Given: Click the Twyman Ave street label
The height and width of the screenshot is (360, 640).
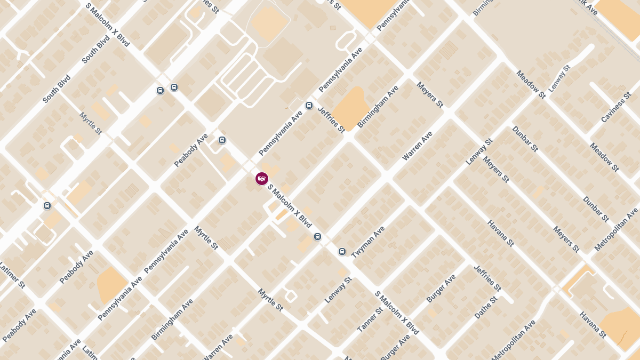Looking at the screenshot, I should pyautogui.click(x=367, y=242).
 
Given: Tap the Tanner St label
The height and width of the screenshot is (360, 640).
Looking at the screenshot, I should pyautogui.click(x=370, y=319).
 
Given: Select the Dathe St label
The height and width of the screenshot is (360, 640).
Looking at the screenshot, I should pyautogui.click(x=485, y=308).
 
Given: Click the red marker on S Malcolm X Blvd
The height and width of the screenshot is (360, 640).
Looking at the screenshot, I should pyautogui.click(x=261, y=179).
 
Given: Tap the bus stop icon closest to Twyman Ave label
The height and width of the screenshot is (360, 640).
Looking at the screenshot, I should pyautogui.click(x=342, y=251).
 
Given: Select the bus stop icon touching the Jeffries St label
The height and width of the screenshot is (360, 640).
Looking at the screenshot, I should pyautogui.click(x=309, y=106).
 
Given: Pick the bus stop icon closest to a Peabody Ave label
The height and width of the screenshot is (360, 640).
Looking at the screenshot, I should pyautogui.click(x=222, y=140).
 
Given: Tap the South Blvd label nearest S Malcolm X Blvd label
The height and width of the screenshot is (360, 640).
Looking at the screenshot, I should pyautogui.click(x=96, y=50).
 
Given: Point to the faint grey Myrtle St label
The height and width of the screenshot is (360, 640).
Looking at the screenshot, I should pyautogui.click(x=90, y=123).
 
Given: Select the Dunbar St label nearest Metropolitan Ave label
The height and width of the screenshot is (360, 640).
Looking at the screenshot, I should pyautogui.click(x=595, y=209).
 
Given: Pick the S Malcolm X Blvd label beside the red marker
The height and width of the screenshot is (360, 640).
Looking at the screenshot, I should pyautogui.click(x=289, y=206).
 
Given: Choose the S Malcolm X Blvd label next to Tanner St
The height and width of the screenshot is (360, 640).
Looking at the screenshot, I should pyautogui.click(x=397, y=313).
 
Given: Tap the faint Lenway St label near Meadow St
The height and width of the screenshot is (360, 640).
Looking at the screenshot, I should pyautogui.click(x=559, y=78).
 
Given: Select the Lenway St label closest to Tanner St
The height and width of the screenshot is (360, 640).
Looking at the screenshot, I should pyautogui.click(x=338, y=290).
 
